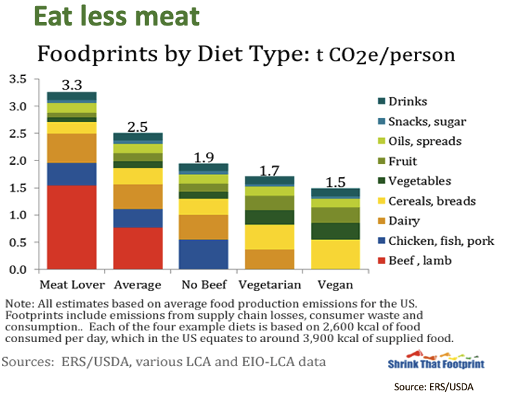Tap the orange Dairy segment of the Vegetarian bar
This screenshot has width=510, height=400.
click(x=269, y=259)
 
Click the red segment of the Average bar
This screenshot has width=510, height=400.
click(x=137, y=248)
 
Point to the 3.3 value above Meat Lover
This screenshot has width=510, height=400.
click(x=72, y=86)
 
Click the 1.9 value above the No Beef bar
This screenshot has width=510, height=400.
click(x=203, y=157)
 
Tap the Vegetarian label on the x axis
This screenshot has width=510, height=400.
click(x=269, y=285)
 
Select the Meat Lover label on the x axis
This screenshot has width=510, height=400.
click(x=72, y=285)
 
